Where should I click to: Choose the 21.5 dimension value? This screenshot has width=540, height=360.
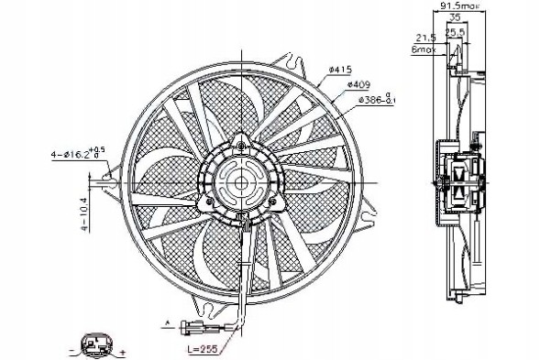(424, 38)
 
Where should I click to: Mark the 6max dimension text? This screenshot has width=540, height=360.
(424, 50)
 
